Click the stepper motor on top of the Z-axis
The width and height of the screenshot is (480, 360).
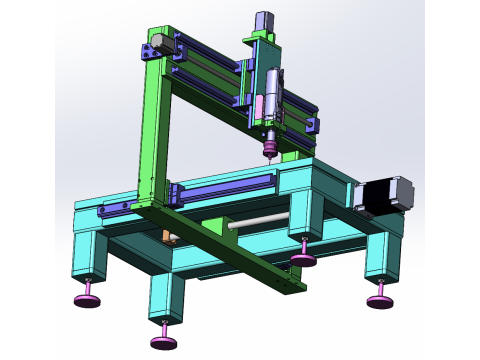tap(265, 22)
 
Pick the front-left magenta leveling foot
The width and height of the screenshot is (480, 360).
tap(88, 299)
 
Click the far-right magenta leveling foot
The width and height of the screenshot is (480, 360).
tap(379, 301)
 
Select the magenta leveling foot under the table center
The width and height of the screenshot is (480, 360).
tap(303, 260)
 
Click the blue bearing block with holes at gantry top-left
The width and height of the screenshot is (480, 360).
tap(151, 50)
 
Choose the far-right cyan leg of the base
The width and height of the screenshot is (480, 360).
tap(381, 257)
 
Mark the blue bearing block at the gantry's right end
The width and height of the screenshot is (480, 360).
tap(312, 124)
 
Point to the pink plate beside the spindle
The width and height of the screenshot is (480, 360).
tap(259, 104)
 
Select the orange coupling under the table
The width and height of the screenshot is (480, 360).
tap(167, 236)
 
